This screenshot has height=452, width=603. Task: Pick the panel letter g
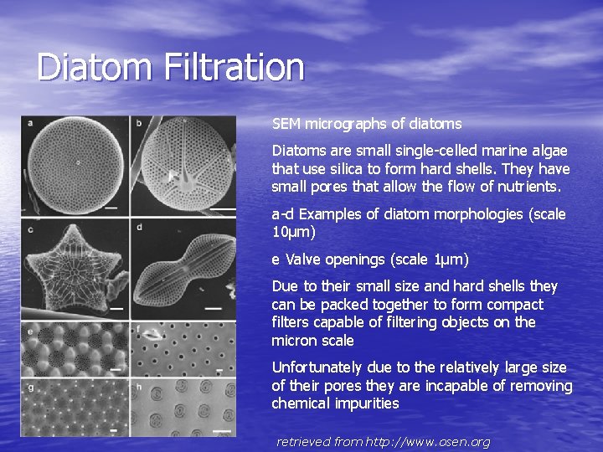30,387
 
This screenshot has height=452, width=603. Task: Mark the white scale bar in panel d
222,313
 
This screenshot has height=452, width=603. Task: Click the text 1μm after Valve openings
449,259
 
